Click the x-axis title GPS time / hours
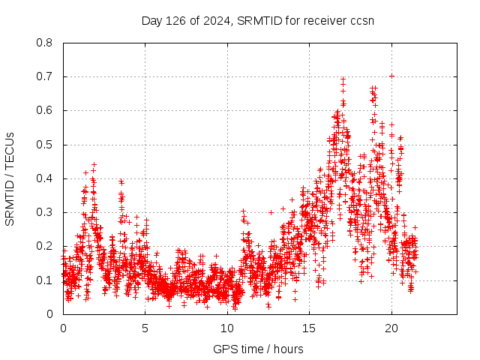click(x=258, y=349)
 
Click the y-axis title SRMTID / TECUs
click(x=10, y=178)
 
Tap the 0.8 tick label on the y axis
click(x=45, y=43)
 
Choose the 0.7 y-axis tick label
click(x=45, y=76)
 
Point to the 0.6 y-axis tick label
click(x=45, y=110)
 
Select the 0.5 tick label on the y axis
click(x=45, y=145)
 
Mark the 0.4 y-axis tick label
click(x=45, y=178)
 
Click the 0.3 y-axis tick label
click(x=45, y=212)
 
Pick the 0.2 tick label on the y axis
click(x=45, y=246)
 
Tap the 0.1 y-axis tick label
click(x=45, y=280)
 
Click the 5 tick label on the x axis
click(x=145, y=328)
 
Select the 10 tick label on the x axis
click(x=226, y=328)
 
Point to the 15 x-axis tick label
click(x=308, y=328)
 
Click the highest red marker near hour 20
click(x=391, y=76)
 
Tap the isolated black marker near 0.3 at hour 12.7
click(x=271, y=212)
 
